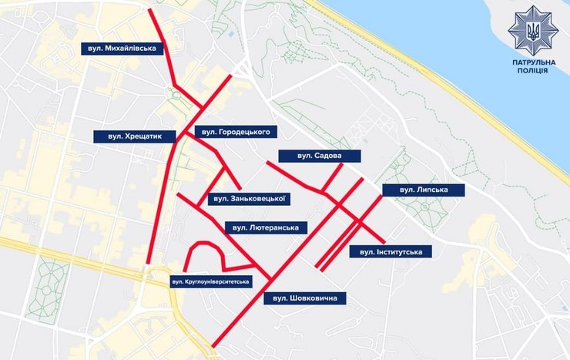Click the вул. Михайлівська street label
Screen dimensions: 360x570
122,49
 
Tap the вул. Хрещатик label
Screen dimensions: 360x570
135,136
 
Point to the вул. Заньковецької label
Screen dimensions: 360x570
248,199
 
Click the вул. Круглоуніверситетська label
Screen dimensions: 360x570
211,282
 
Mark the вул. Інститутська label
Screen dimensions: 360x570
391,251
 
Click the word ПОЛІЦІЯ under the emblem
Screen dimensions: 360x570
529,70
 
